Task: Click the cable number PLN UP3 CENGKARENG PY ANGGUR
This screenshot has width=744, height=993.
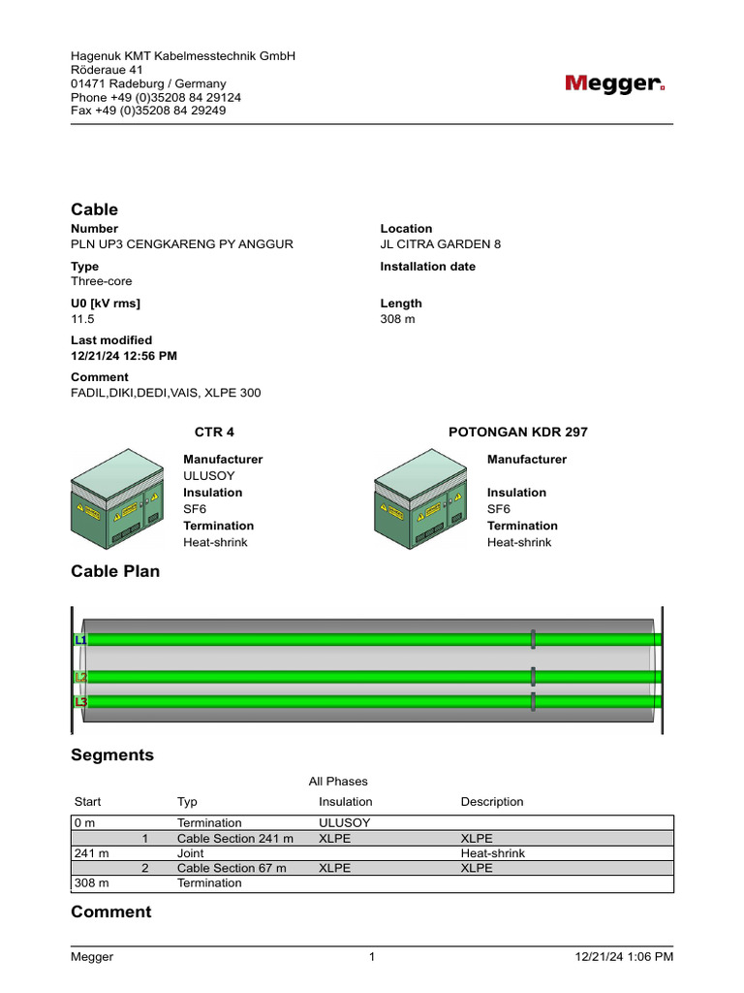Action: click(x=181, y=244)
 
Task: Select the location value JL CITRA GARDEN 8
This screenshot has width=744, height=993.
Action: click(x=441, y=244)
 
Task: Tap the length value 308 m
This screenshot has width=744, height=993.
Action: click(x=397, y=319)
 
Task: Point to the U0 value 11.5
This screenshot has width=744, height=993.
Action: click(x=82, y=319)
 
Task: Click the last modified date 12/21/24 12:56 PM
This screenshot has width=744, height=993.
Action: click(x=124, y=356)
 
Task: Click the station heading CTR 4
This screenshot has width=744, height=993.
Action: click(x=215, y=432)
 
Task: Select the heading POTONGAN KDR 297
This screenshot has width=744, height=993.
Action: click(x=518, y=432)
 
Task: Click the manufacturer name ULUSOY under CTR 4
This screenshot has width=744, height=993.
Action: click(x=209, y=476)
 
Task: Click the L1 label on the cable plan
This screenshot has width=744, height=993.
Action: click(x=79, y=640)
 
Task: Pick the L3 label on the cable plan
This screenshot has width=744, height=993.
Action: click(x=79, y=701)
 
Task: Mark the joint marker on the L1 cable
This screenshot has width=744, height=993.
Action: click(x=533, y=639)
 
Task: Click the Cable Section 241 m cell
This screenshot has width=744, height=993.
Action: click(x=234, y=839)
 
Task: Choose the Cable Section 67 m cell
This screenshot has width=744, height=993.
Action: click(x=232, y=869)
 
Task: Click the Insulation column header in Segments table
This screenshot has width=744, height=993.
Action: click(x=345, y=802)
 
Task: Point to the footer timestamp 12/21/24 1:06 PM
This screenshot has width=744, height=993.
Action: click(x=624, y=957)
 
